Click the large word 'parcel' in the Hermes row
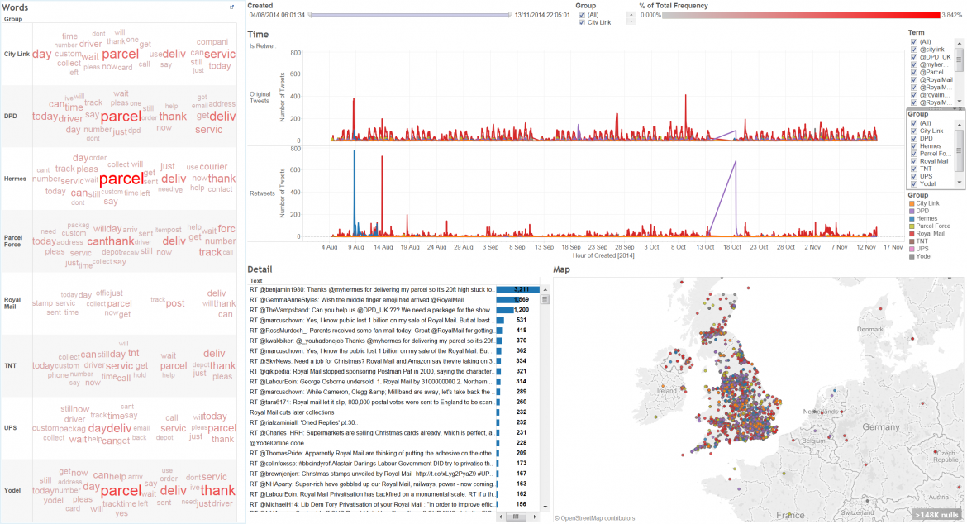point(121,179)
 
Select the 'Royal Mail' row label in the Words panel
point(12,302)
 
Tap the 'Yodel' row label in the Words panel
point(12,490)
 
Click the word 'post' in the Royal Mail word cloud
point(175,303)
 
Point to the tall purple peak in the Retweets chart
point(735,163)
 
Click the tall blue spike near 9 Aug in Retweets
point(354,152)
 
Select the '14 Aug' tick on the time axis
point(383,246)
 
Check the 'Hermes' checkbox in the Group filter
point(913,145)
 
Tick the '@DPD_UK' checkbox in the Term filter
point(913,56)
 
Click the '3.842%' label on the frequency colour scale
point(952,15)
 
